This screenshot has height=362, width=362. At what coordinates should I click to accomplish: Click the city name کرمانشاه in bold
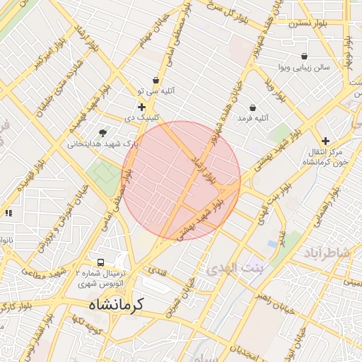116,305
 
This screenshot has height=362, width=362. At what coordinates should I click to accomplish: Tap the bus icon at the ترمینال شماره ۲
100,262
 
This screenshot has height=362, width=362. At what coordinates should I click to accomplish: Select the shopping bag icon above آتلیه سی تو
156,81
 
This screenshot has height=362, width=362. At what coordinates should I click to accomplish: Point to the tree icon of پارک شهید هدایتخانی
103,132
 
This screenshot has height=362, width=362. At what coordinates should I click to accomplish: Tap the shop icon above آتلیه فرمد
252,107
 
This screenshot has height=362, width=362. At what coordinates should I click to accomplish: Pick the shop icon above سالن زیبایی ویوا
304,56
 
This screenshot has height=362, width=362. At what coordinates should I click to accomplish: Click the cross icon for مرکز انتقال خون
325,141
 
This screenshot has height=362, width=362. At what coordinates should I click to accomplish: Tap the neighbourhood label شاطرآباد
327,253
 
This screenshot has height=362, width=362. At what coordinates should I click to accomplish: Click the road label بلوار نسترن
306,23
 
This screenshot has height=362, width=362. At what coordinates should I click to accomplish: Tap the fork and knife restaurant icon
8,212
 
